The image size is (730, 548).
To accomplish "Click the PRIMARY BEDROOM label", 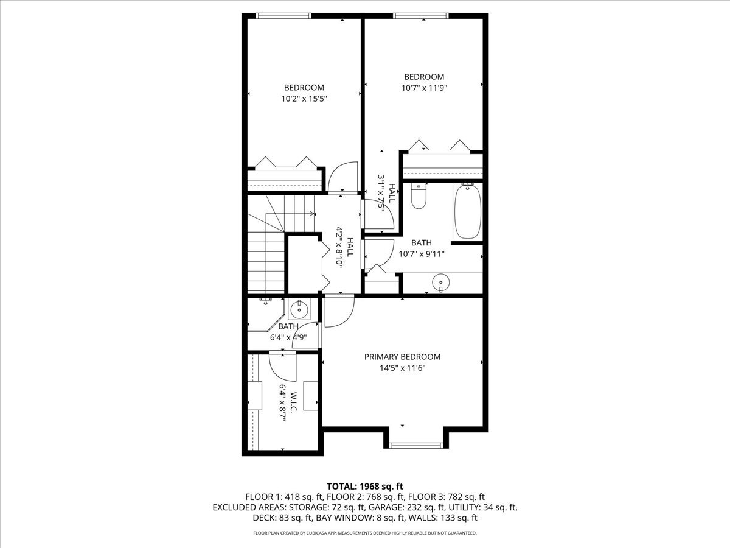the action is click(402, 357).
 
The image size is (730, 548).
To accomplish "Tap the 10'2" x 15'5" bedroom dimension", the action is click(304, 99).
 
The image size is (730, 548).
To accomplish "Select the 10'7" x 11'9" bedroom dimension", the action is click(424, 88).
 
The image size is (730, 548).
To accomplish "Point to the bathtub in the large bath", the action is click(467, 212).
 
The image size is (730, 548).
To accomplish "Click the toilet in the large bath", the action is click(419, 196).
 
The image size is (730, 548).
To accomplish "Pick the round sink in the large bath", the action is click(440, 283).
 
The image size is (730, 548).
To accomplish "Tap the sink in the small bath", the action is click(299, 309).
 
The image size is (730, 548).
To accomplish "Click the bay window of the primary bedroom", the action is click(416, 445).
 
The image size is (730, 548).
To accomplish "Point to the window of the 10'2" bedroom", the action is click(283, 16).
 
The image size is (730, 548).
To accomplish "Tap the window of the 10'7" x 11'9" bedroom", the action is click(421, 16).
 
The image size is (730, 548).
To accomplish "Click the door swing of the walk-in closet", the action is click(282, 368).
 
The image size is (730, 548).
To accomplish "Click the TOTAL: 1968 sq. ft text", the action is click(365, 487).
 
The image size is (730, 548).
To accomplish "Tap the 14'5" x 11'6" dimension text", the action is click(403, 368).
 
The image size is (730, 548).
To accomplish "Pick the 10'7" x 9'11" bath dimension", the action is click(422, 254).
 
